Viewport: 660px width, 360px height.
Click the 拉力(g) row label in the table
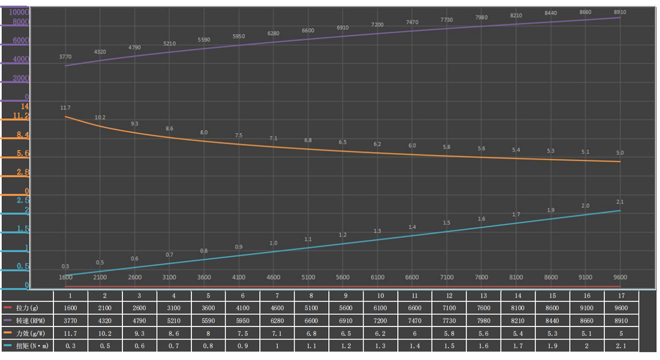point(28,308)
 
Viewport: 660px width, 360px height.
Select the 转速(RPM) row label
point(29,320)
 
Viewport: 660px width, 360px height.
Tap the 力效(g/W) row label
point(29,333)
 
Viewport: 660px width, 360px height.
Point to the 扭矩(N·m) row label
point(29,346)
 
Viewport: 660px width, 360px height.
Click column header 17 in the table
point(620,295)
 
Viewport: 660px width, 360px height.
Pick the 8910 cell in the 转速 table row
point(620,320)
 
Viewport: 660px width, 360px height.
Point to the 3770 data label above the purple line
point(65,57)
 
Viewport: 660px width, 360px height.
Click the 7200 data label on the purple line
point(377,25)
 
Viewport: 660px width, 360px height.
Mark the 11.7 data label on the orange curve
point(65,108)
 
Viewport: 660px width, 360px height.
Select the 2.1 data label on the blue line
point(620,202)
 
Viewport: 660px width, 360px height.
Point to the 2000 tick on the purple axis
point(20,78)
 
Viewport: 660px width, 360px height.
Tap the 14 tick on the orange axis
point(25,106)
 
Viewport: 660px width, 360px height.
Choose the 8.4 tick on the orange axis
point(23,135)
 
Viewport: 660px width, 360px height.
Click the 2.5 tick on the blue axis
point(23,200)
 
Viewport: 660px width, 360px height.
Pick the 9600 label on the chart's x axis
point(620,277)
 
